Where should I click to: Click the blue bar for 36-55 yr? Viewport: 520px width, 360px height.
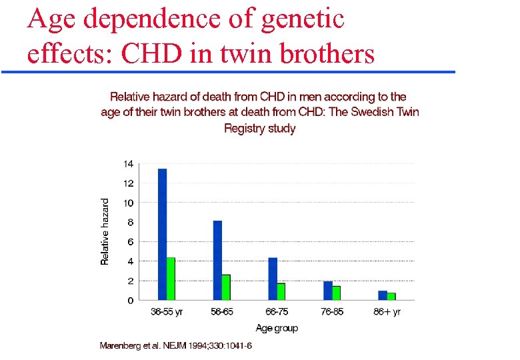pos(162,234)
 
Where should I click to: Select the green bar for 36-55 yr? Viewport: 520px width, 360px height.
pos(171,278)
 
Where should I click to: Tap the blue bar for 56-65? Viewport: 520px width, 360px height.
pos(217,260)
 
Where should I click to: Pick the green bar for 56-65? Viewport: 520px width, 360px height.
pos(226,287)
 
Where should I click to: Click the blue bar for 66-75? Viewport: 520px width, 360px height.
pos(273,279)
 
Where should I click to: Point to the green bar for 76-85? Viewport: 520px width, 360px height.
pos(337,293)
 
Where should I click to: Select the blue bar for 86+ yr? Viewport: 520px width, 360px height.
pos(383,295)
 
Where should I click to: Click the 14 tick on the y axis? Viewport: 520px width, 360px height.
pos(129,163)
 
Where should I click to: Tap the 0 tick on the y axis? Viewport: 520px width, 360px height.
pos(131,301)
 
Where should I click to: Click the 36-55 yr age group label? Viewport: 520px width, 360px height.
pos(167,312)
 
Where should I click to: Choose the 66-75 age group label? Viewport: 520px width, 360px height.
pos(277,312)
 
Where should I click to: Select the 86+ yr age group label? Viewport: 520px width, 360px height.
pos(387,312)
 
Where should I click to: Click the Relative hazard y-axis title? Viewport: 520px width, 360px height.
pos(105,231)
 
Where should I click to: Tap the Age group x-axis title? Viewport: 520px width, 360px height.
pos(277,327)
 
